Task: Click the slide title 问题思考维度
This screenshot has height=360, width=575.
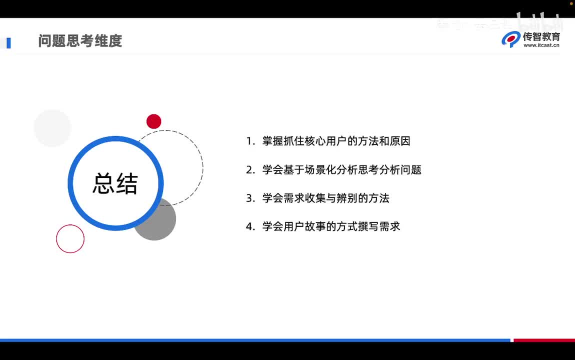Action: pos(80,41)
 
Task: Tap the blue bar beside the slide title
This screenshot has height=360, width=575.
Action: pos(8,43)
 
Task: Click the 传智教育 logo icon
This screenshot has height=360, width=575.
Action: pos(511,39)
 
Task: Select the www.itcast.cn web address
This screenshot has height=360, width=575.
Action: pos(541,45)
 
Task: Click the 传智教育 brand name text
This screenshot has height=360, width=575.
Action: pos(541,36)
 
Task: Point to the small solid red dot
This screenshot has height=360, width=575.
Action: pos(154,121)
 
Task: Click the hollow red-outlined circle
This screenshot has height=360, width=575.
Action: pos(70,239)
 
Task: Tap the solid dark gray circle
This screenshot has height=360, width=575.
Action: pos(160,222)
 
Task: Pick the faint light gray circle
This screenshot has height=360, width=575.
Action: pos(52,128)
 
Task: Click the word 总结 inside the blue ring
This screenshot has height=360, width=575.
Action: pos(115,183)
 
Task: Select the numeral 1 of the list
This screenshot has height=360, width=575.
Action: pos(249,141)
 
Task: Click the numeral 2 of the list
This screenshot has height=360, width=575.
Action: pos(249,170)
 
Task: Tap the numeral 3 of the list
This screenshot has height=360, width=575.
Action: pos(249,198)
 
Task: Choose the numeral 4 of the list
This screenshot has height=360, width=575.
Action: pos(249,227)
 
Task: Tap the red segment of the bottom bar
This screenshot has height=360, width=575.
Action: pos(544,340)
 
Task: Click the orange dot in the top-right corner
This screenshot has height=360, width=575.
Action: pos(571,3)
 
